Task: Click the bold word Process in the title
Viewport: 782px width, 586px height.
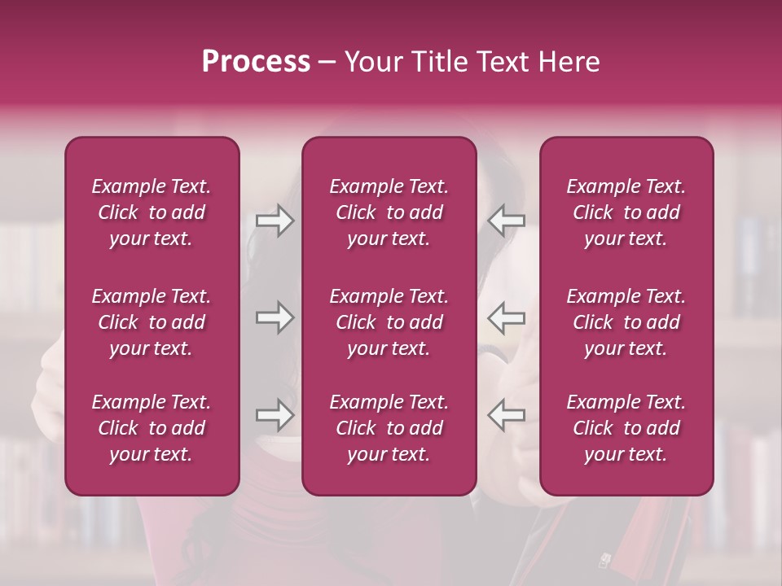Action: coord(256,62)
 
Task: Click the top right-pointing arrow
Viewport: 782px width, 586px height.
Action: coord(275,221)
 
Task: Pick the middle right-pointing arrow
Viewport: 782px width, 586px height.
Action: coord(275,317)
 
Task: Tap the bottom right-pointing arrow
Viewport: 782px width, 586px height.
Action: coord(275,415)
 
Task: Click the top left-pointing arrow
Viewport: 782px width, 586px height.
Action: coord(507,221)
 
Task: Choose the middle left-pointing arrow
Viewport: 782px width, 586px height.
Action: coord(507,317)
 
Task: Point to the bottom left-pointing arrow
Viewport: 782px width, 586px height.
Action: coord(507,415)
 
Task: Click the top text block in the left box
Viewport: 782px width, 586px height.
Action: coord(152,212)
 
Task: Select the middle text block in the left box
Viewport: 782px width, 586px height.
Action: coord(152,322)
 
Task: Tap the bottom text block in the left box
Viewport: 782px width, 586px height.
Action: coord(152,428)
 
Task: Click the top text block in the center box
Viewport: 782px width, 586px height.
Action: coord(389,212)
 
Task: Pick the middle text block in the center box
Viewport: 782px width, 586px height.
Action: coord(389,322)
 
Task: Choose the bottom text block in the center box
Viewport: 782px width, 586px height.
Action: coord(389,428)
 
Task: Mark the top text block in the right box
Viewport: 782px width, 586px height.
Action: coord(626,212)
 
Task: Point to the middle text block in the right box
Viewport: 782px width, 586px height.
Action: coord(626,322)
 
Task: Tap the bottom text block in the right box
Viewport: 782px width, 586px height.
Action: coord(626,428)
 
